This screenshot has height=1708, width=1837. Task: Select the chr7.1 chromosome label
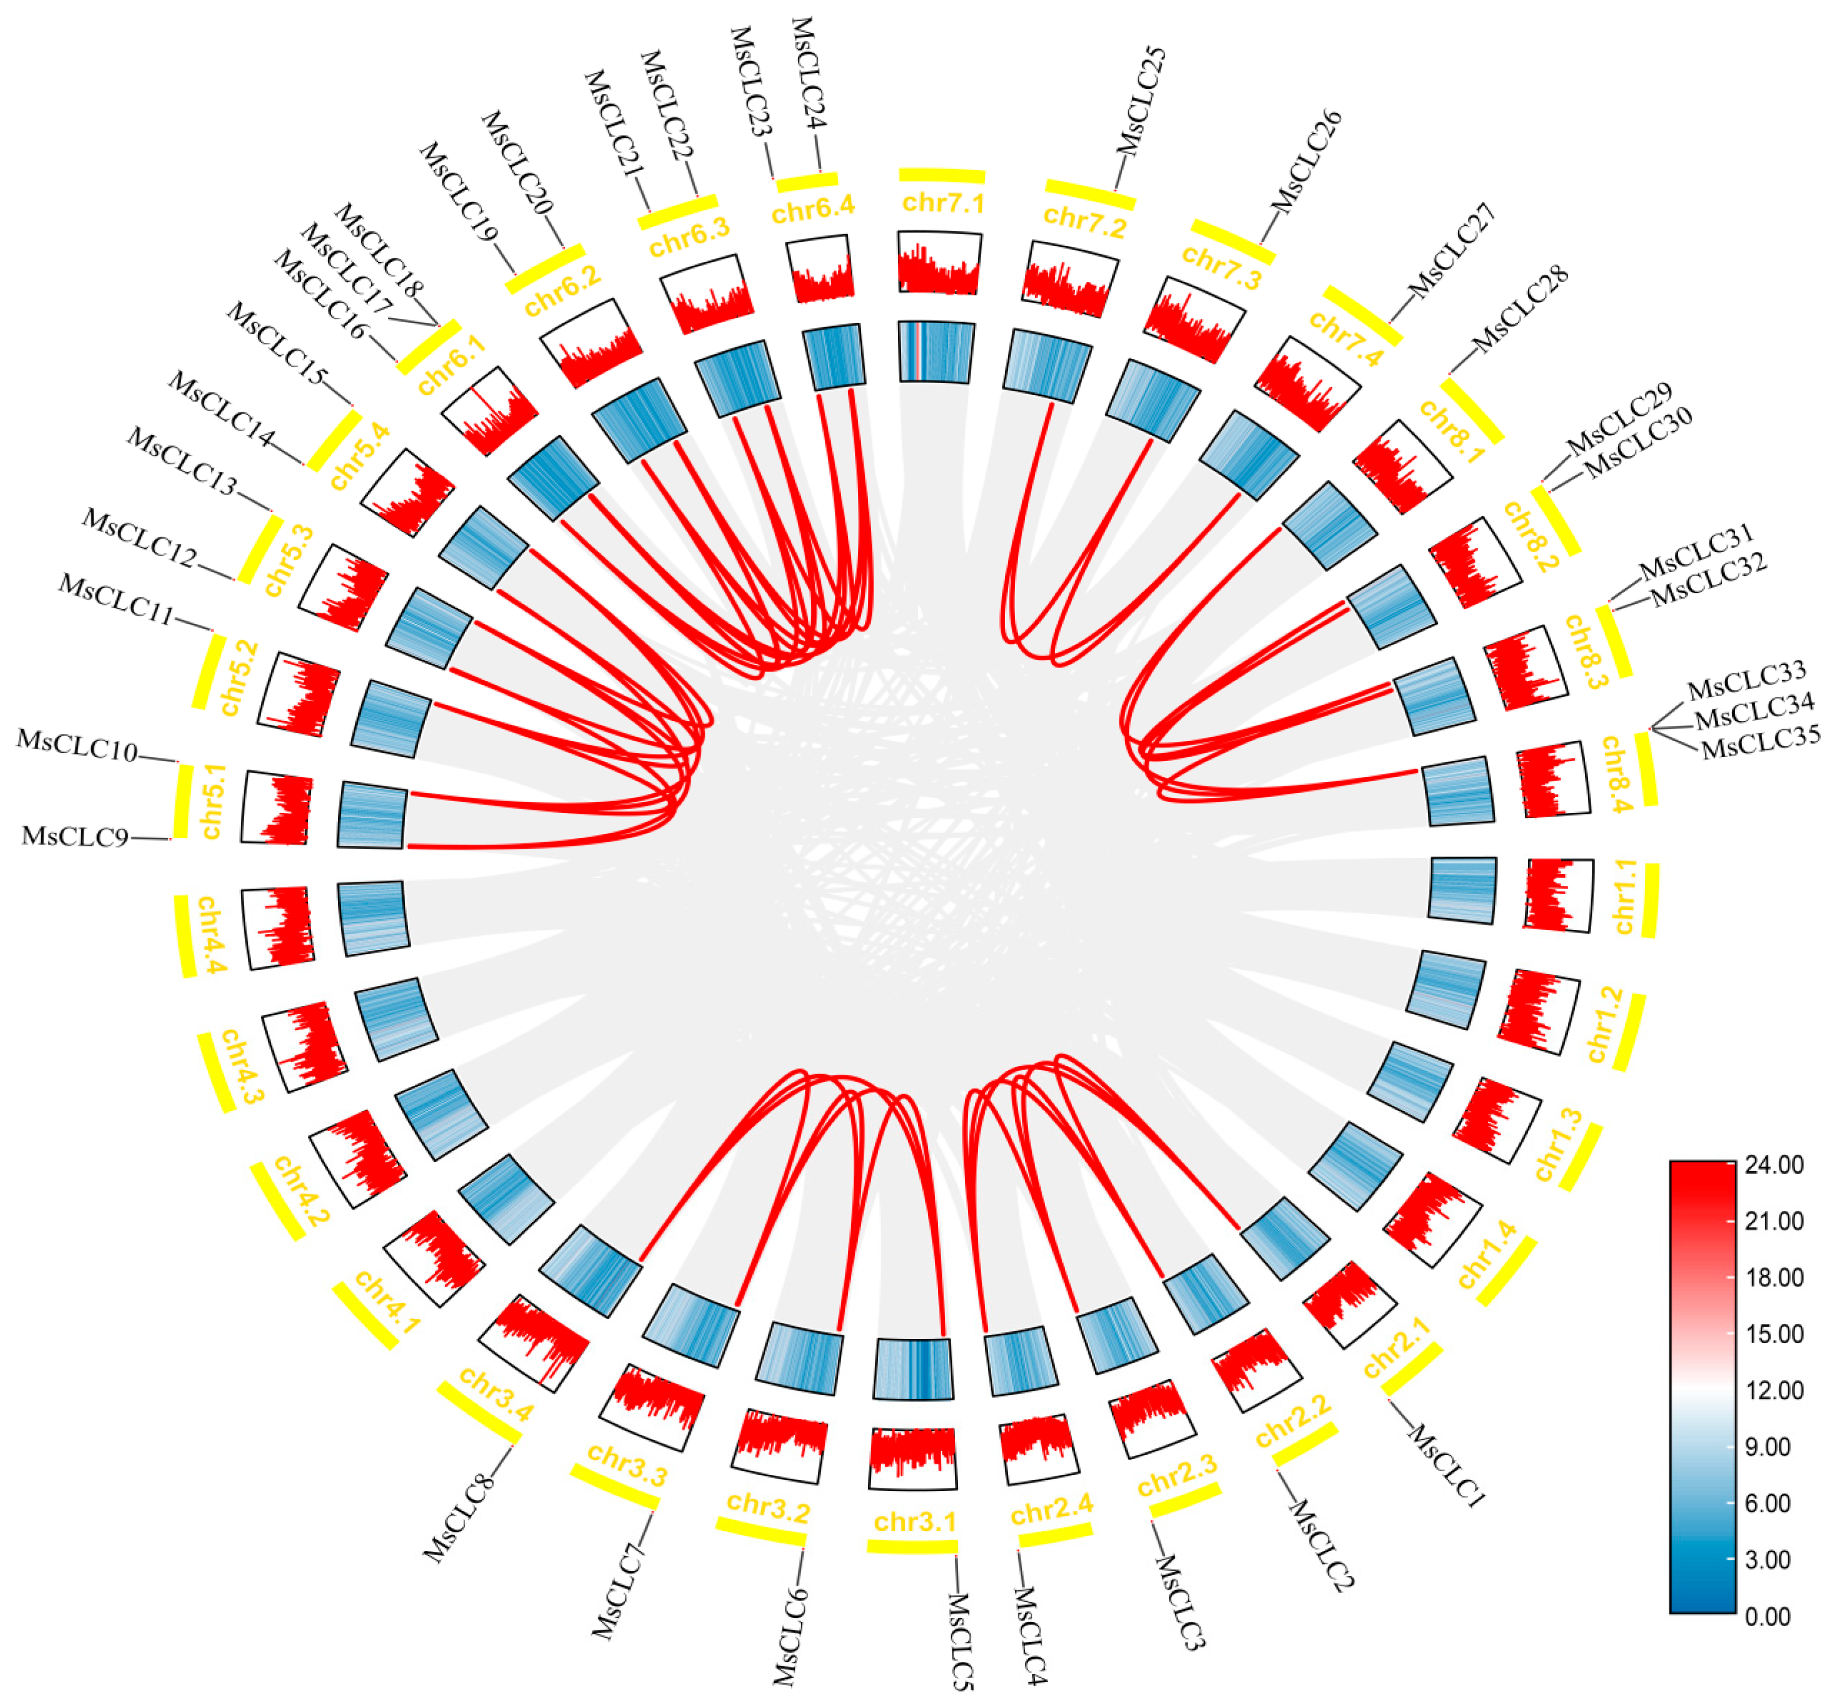click(x=943, y=203)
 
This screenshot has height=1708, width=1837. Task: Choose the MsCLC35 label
click(x=1760, y=741)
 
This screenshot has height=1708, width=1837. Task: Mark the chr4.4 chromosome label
click(x=209, y=935)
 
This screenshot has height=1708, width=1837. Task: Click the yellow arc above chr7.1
click(x=941, y=175)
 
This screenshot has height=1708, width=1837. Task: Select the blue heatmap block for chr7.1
click(x=936, y=352)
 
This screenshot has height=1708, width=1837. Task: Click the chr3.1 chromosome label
click(x=915, y=1521)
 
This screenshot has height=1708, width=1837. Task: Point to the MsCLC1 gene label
click(x=1445, y=1467)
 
